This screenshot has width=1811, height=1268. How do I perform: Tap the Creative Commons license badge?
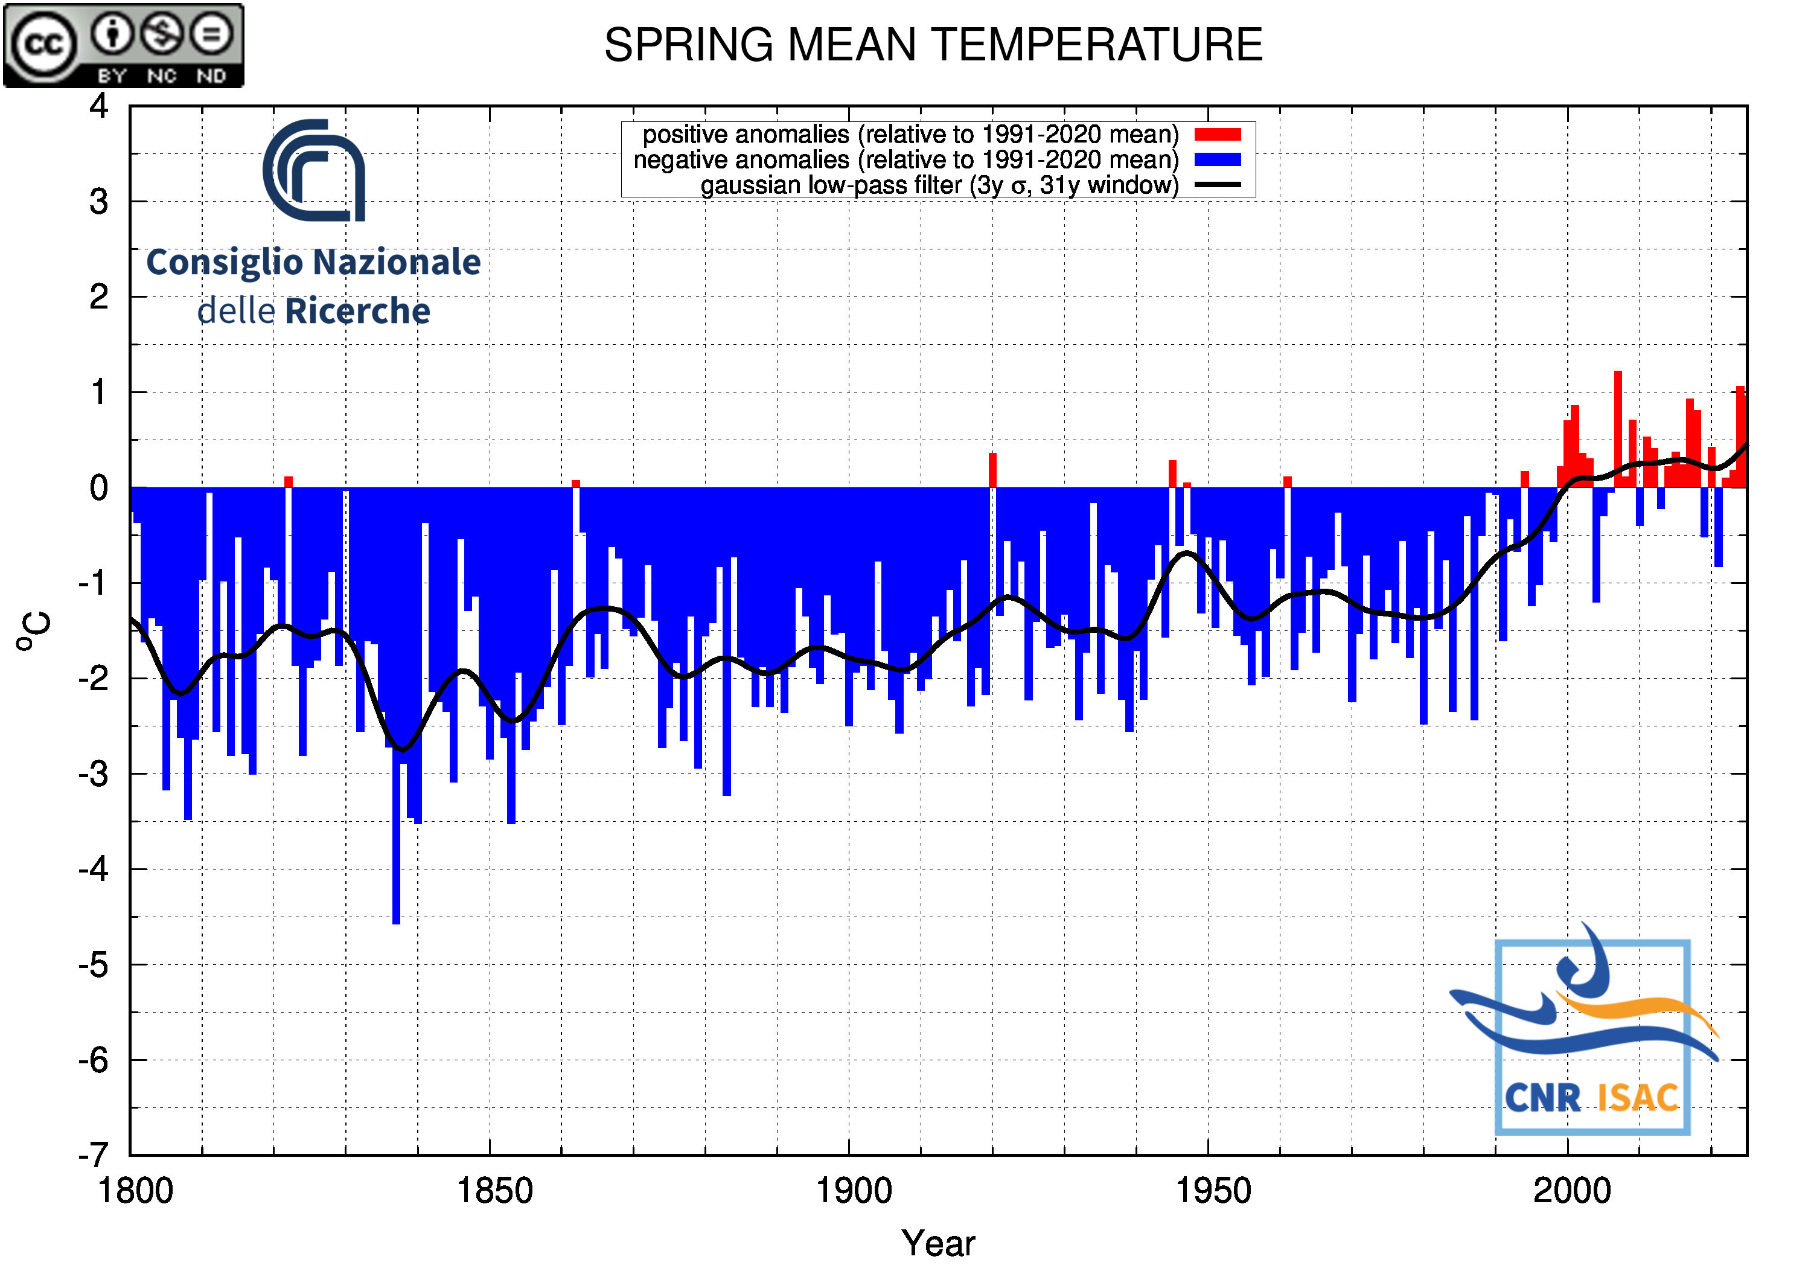(x=124, y=45)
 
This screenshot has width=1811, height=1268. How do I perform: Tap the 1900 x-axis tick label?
(x=854, y=1191)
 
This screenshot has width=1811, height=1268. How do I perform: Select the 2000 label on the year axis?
(x=1571, y=1191)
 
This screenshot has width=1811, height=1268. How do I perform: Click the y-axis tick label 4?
(x=98, y=106)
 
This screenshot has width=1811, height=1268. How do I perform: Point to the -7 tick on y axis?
(x=94, y=1154)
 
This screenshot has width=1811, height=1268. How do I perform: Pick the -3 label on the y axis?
(x=94, y=774)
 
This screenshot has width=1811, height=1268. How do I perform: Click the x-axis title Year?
(x=938, y=1243)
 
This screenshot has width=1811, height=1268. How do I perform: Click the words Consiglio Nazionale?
(x=313, y=263)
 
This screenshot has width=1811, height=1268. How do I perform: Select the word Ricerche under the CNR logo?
(x=357, y=312)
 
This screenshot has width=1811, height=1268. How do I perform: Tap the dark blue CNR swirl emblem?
(x=315, y=170)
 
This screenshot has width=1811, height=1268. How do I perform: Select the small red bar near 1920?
(x=992, y=470)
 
